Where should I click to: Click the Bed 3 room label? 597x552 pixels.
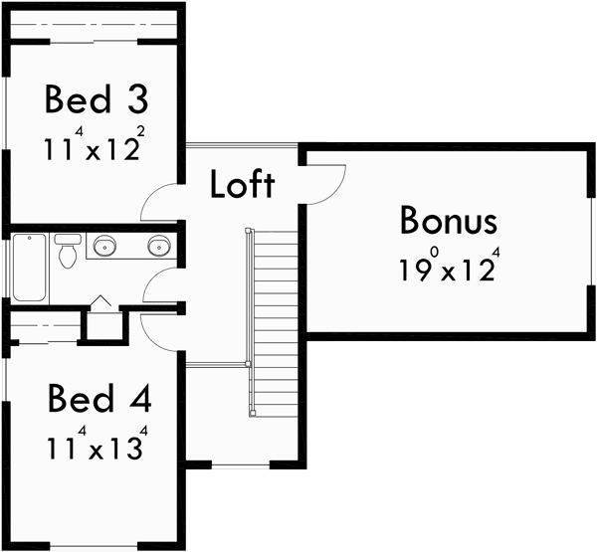(95, 101)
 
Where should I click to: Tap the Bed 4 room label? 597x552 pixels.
(99, 401)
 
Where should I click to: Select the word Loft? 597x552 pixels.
(243, 185)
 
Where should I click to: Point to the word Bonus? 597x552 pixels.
(448, 220)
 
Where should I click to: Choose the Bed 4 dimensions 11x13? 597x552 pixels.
(96, 448)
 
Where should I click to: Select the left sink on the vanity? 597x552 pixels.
(103, 245)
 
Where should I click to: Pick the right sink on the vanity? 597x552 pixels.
(159, 245)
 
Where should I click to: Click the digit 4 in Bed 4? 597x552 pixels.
(139, 401)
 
